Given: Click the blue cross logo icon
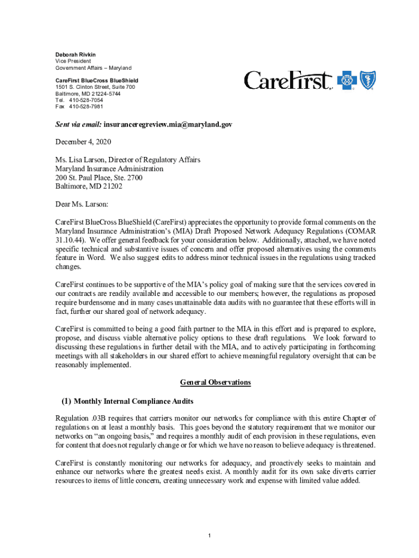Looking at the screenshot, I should point(346,81).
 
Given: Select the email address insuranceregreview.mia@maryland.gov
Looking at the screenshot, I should point(168,125).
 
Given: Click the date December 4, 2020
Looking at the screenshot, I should point(83,142).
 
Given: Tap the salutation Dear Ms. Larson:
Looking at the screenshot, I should point(82,204).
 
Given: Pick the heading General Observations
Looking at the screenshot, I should point(215,383).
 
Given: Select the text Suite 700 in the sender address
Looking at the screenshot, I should point(122,87).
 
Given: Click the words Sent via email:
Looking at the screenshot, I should point(78,125).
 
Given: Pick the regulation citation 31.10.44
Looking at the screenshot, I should point(69,240).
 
